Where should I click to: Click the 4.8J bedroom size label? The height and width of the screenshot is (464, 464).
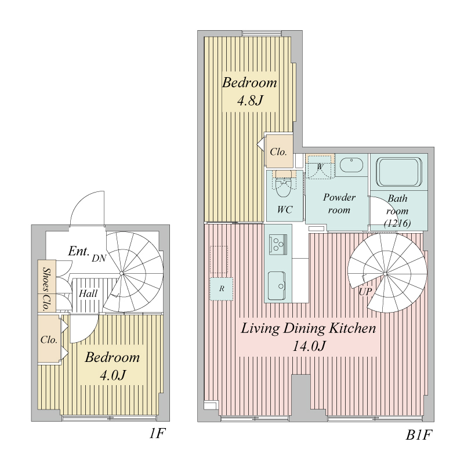pos(250,100)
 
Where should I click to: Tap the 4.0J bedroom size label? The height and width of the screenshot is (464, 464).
pos(113,375)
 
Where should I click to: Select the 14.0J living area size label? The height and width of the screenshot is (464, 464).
pos(309,346)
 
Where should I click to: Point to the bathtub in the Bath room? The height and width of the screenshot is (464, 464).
pos(399,172)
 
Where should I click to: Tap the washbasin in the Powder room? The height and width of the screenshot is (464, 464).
pos(351,165)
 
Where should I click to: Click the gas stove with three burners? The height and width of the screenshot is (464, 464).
pos(278,244)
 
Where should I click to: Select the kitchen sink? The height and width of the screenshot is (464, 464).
pos(277,286)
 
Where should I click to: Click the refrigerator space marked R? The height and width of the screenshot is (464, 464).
pos(222,289)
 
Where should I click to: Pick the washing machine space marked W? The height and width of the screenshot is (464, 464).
pos(320,167)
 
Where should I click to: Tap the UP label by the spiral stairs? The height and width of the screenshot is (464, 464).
pos(365,292)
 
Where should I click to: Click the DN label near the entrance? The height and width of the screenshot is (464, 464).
pos(99,258)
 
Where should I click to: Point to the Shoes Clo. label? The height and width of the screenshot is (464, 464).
pos(46,289)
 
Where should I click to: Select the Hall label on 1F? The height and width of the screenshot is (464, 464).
pos(88,293)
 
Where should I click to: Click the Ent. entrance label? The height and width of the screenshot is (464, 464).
pos(79,251)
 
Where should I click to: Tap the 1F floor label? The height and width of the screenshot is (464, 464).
pos(157,434)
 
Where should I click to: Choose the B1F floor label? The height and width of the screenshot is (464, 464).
pos(418,435)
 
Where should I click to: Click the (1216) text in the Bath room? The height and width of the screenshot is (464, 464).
pos(397,223)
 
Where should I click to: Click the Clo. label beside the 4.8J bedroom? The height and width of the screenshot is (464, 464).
pos(278,152)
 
